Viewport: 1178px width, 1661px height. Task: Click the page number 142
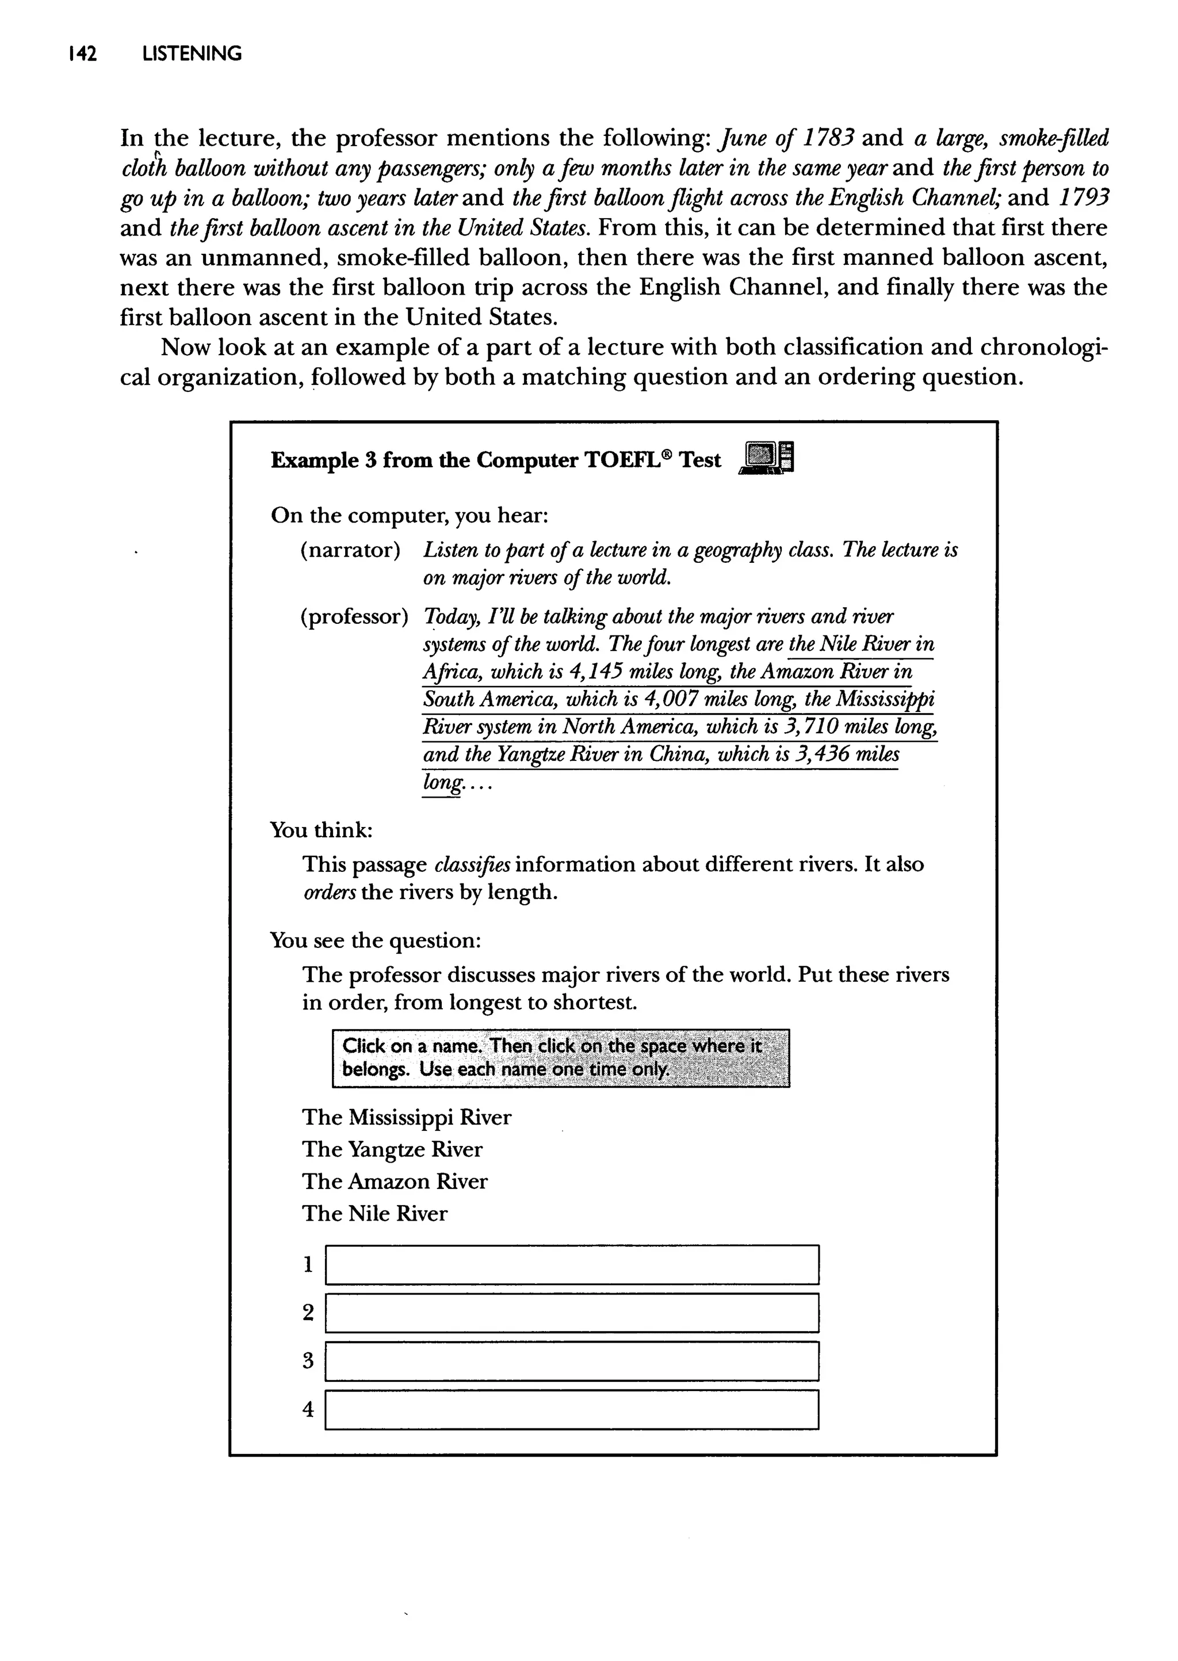click(x=82, y=54)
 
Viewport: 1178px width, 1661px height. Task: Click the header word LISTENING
click(x=192, y=54)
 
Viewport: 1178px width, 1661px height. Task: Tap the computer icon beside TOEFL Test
click(x=767, y=458)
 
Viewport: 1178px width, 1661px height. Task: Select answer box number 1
click(x=572, y=1265)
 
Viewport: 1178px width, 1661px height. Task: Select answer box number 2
click(x=572, y=1313)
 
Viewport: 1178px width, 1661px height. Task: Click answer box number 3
click(x=572, y=1361)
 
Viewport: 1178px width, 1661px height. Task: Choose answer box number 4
click(x=572, y=1409)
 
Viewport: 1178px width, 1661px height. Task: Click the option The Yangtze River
click(x=392, y=1149)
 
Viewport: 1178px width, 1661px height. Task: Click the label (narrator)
click(x=350, y=550)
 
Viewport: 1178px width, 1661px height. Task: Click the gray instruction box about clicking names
click(x=560, y=1057)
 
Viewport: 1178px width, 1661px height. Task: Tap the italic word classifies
click(x=473, y=864)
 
